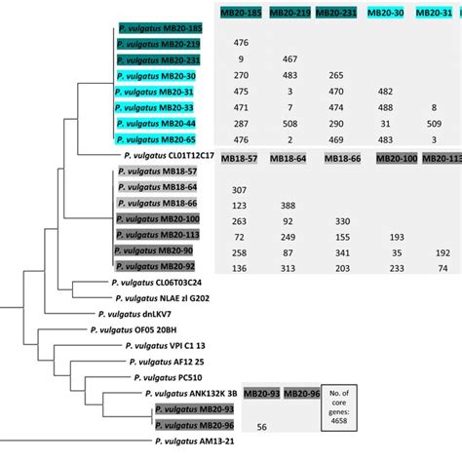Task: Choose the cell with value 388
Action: click(x=289, y=205)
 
